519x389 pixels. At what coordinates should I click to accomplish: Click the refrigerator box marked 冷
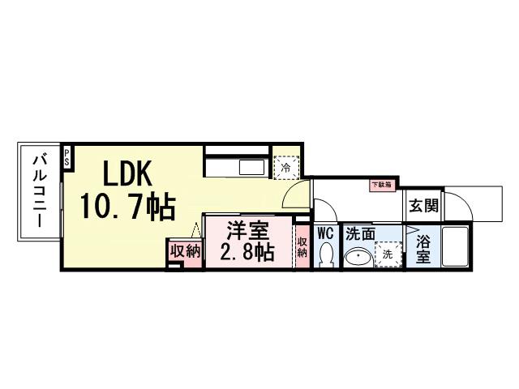pos(285,166)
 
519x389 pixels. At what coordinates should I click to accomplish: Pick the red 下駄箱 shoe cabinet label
pos(381,185)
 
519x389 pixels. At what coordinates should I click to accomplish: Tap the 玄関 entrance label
pos(422,206)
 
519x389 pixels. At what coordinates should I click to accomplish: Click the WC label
pos(326,233)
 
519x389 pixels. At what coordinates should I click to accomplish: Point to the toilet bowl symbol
pos(326,255)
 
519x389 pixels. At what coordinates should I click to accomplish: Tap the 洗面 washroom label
pos(359,233)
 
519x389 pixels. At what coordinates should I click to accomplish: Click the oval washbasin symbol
pos(357,258)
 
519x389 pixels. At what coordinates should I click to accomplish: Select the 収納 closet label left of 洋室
pos(185,251)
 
